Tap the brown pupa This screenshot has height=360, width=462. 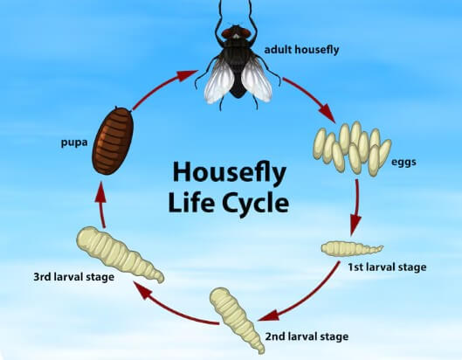coord(113,141)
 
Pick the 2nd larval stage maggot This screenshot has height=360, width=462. coord(236,319)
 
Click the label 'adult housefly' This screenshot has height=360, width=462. coord(301,50)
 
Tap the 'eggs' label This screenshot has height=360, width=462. coord(403,163)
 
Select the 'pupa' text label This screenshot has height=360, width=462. coord(74,143)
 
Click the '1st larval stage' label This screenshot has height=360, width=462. coord(387,267)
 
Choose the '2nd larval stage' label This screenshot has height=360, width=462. coord(307,336)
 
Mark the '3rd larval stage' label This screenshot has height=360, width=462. coord(73,277)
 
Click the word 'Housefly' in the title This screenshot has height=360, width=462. coord(229,173)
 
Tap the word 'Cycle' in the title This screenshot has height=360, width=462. coord(255,203)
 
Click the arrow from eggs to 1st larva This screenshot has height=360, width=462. coord(356,206)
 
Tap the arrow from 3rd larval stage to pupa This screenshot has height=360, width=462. coord(101,204)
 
